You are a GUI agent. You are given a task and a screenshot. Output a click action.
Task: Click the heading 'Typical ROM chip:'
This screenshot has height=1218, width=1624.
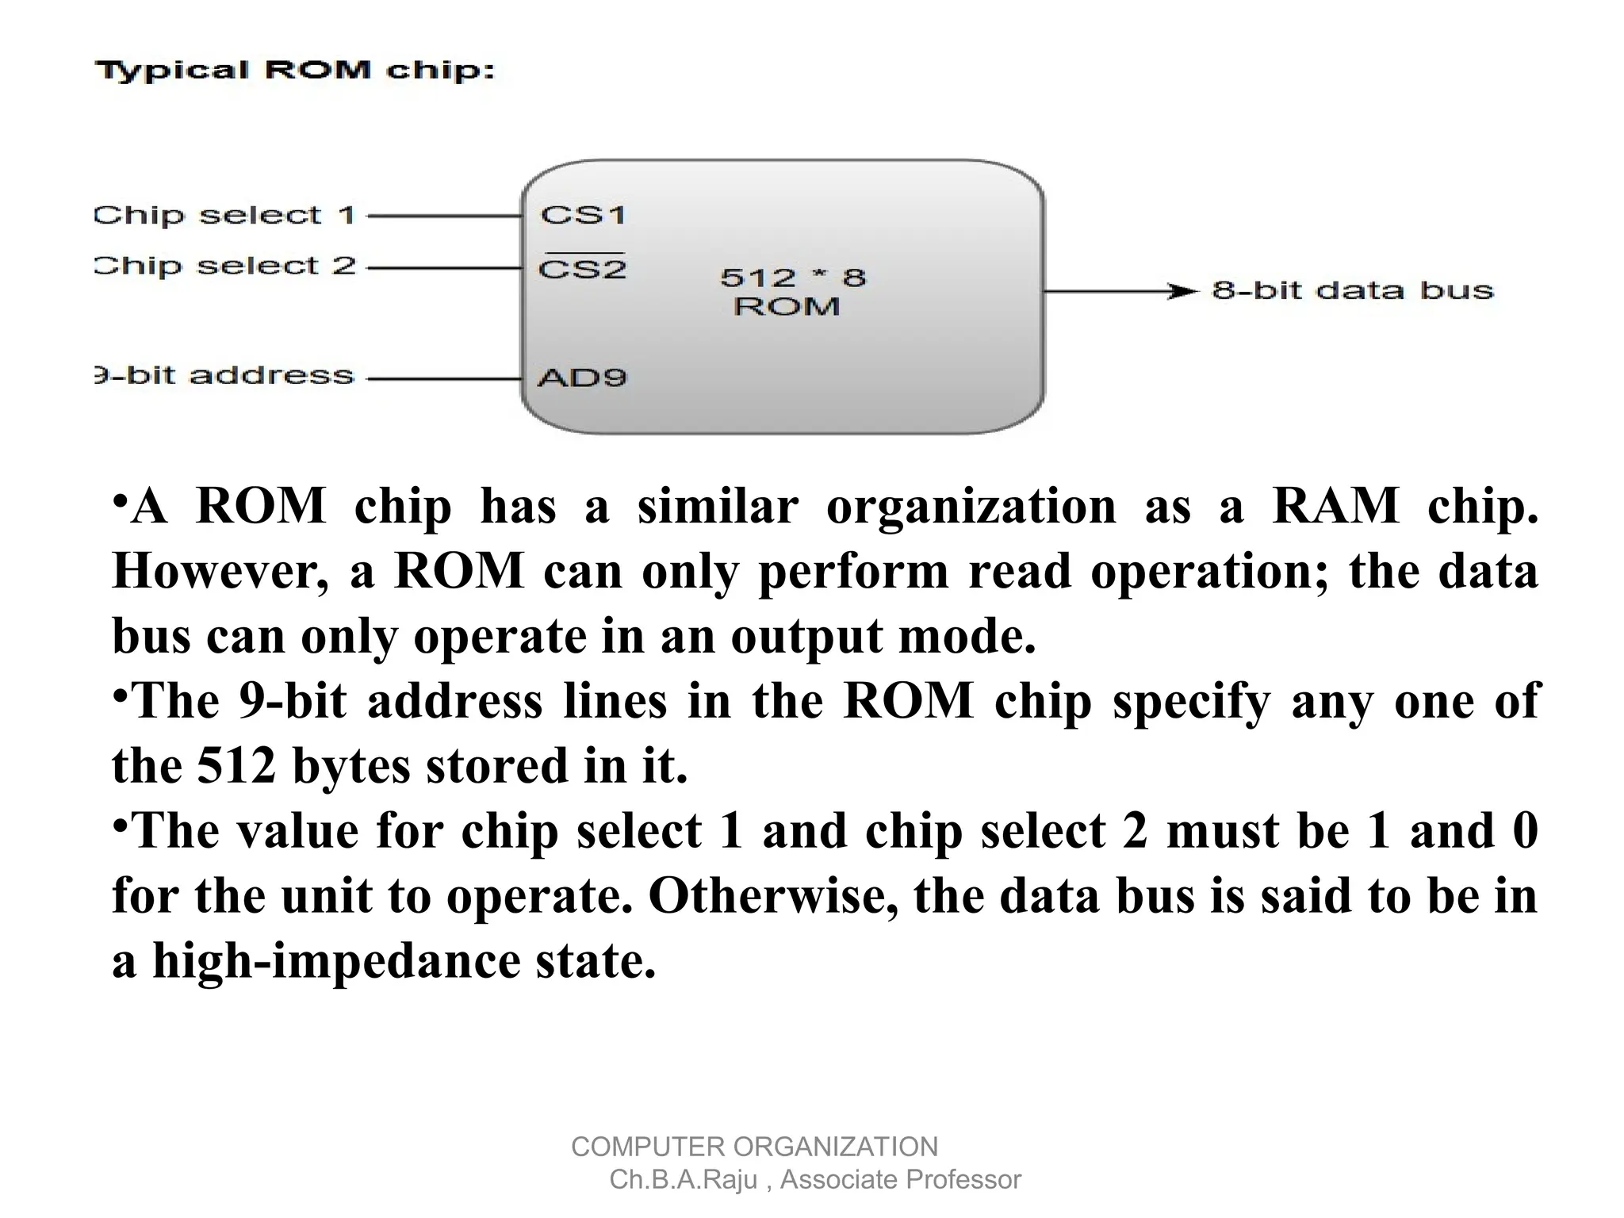295,71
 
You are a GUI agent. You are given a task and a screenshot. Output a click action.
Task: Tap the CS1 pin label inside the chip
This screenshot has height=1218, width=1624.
583,215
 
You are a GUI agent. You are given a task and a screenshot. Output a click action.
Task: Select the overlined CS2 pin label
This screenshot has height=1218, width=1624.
582,269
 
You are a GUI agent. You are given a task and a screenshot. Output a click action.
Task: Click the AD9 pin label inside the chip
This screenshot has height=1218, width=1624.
582,377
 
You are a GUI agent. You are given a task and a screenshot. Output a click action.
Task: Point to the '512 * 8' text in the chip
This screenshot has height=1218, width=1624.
792,278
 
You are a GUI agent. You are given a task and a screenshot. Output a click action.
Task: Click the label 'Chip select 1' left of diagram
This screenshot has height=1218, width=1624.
224,215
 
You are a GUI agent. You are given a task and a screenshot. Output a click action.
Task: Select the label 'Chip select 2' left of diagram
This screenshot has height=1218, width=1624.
224,266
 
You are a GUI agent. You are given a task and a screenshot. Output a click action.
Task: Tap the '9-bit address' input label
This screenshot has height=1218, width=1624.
224,375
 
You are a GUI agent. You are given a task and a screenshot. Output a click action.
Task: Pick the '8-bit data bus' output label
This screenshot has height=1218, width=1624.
1352,290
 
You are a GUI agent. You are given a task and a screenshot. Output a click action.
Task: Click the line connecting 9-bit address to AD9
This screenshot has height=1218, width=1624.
444,379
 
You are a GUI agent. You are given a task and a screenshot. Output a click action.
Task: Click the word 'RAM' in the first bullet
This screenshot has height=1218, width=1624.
1335,506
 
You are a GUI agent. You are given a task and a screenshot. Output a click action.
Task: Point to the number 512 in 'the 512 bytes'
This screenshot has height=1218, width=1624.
236,766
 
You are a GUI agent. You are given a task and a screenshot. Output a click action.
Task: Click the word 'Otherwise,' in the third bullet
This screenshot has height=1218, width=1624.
774,896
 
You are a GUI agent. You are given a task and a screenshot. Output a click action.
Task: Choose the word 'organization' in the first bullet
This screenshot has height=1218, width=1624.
971,506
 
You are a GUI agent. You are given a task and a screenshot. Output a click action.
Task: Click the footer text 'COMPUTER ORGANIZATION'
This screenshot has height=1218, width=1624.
754,1147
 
